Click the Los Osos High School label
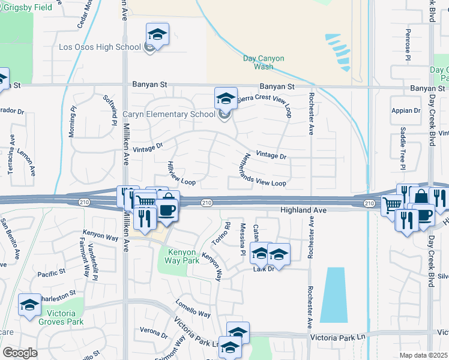[100, 47]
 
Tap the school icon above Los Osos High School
[157, 35]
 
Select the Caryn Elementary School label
[169, 114]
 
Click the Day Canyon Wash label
[263, 62]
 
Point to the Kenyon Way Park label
[179, 256]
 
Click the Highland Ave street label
[303, 211]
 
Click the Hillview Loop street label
[181, 173]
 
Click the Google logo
[20, 353]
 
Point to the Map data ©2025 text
[424, 355]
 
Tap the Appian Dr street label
[406, 110]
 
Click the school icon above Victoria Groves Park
[29, 305]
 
